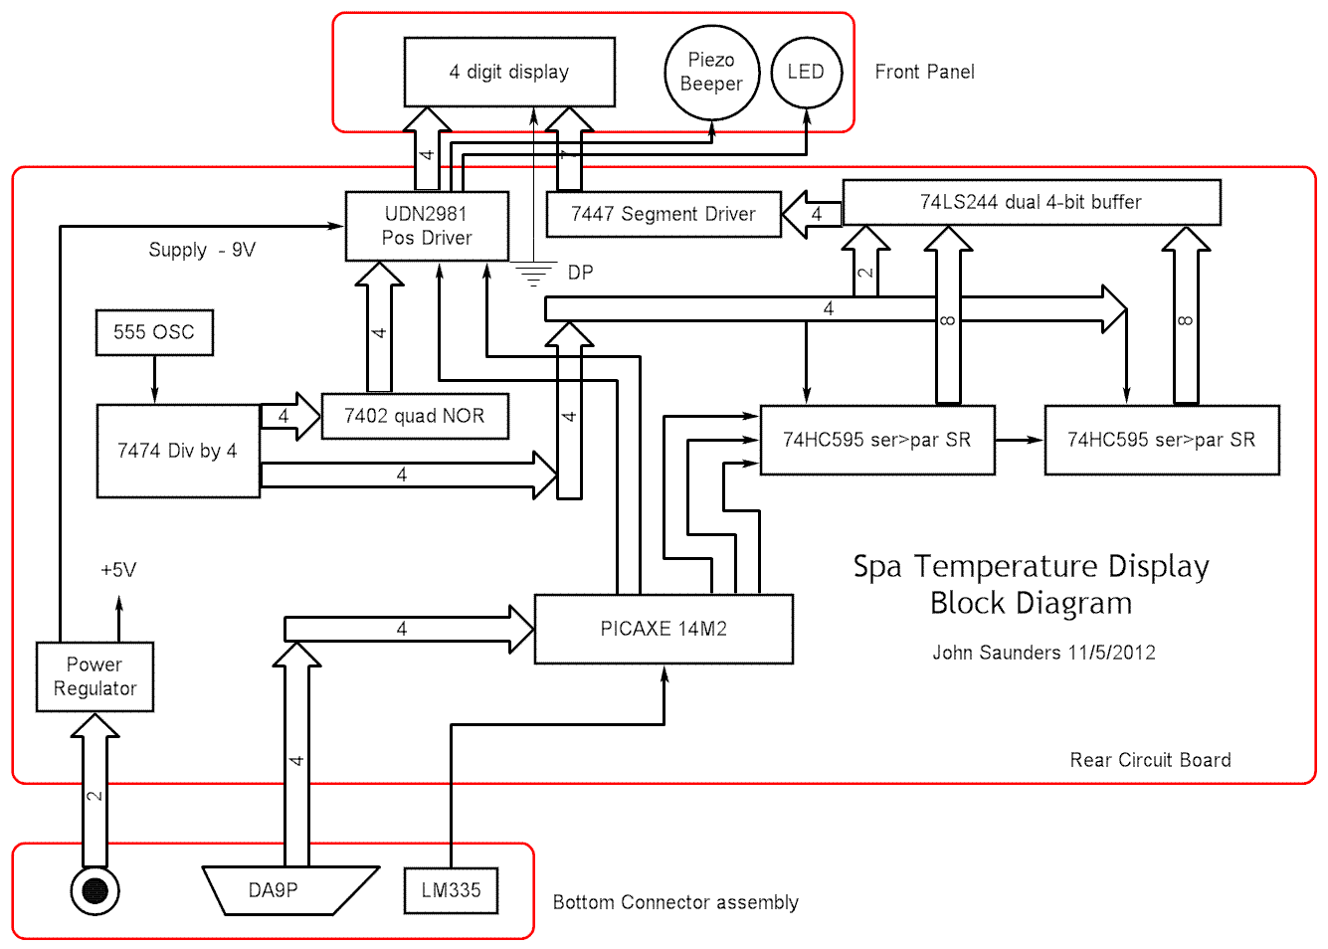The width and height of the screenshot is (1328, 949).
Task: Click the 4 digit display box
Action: (509, 72)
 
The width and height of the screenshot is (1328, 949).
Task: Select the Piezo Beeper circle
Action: (711, 73)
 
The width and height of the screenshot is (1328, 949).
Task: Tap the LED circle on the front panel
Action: (806, 72)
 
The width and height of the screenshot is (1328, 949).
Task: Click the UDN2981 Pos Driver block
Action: (427, 226)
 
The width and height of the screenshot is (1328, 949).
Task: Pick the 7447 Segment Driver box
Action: (664, 214)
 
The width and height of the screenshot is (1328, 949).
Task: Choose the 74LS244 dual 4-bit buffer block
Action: (1031, 202)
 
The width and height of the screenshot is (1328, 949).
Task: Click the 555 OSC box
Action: (154, 332)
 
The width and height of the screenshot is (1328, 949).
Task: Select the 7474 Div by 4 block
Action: (178, 451)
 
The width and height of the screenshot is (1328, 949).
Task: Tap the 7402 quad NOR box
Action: (415, 416)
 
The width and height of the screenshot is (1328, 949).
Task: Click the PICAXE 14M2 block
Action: (664, 629)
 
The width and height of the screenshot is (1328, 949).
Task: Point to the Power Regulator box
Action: (95, 676)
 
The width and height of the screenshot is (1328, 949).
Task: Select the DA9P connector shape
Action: (288, 890)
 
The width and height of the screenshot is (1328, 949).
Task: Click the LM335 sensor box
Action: (451, 890)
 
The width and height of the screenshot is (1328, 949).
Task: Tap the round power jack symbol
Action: (95, 890)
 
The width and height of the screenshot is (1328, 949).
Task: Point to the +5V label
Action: (118, 570)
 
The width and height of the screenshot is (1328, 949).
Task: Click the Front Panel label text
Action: (924, 72)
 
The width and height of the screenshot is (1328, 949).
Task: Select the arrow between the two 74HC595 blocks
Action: (1020, 440)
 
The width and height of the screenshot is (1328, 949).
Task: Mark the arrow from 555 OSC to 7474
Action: (154, 379)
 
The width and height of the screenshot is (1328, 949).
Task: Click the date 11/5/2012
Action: (1112, 653)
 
